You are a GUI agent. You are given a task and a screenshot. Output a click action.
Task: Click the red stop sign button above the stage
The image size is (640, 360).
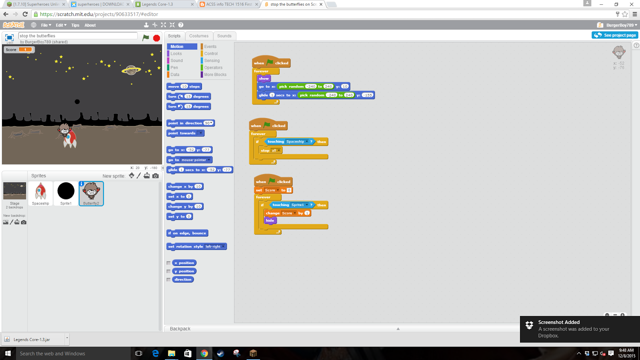pyautogui.click(x=156, y=38)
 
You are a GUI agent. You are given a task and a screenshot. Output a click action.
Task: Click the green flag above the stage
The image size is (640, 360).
pyautogui.click(x=146, y=38)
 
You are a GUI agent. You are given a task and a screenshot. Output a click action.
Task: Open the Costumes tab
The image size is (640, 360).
pyautogui.click(x=199, y=36)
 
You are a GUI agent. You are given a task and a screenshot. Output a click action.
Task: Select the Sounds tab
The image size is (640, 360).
pyautogui.click(x=224, y=36)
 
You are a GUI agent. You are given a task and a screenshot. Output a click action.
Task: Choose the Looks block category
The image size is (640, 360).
pyautogui.click(x=176, y=54)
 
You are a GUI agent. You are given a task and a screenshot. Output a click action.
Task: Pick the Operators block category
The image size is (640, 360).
pyautogui.click(x=213, y=68)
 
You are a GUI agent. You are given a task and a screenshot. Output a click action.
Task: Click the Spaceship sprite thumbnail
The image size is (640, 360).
pyautogui.click(x=40, y=193)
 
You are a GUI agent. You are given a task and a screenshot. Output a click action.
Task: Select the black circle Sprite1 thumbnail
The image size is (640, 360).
pyautogui.click(x=66, y=193)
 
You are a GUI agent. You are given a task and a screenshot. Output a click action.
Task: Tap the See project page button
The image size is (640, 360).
pyautogui.click(x=615, y=35)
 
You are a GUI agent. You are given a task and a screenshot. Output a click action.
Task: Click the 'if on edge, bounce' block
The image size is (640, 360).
pyautogui.click(x=187, y=233)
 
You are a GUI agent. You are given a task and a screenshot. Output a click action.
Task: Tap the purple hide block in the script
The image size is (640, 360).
pyautogui.click(x=270, y=220)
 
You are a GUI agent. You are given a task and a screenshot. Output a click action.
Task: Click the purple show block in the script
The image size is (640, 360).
pyautogui.click(x=264, y=79)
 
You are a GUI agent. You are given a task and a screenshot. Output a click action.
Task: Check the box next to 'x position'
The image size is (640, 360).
pyautogui.click(x=168, y=263)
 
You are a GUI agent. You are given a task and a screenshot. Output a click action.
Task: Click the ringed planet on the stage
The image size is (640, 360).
pyautogui.click(x=131, y=70)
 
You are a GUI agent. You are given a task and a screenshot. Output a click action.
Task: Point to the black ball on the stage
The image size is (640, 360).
pyautogui.click(x=77, y=102)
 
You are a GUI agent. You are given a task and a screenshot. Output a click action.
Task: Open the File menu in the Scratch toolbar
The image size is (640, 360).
pyautogui.click(x=46, y=25)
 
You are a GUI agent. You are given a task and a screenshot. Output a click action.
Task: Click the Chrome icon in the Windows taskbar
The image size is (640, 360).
pyautogui.click(x=204, y=353)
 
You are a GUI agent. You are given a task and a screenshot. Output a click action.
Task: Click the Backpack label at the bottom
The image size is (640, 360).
pyautogui.click(x=180, y=329)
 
